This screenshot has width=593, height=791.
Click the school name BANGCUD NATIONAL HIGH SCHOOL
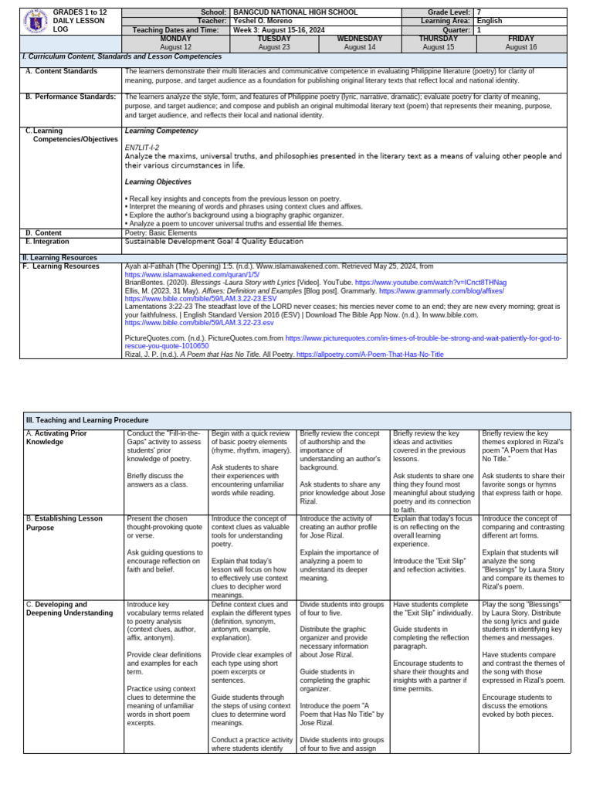tap(283, 13)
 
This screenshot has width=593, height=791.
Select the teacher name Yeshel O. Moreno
tap(259, 22)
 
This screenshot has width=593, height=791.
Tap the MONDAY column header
tap(175, 39)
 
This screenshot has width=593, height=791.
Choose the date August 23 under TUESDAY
tap(275, 47)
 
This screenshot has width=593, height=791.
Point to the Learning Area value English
tap(490, 22)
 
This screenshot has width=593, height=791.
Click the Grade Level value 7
tap(479, 13)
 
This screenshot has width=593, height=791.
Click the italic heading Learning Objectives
tap(158, 182)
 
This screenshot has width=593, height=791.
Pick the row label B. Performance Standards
tap(70, 97)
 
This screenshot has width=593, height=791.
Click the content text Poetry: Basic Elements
tap(161, 233)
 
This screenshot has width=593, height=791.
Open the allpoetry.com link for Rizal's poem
tap(370, 355)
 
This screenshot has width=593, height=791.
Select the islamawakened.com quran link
tap(191, 274)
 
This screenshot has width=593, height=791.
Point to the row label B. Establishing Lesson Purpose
tap(64, 523)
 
